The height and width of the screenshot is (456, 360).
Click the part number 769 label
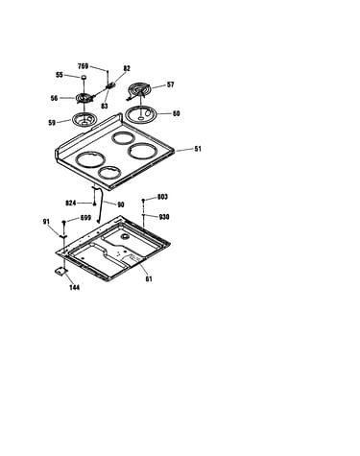click(84, 66)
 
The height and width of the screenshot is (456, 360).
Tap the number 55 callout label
click(60, 75)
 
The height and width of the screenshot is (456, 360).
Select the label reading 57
click(171, 84)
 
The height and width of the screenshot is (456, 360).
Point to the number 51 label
click(198, 149)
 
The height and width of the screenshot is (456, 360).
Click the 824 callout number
click(71, 204)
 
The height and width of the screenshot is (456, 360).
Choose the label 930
click(164, 217)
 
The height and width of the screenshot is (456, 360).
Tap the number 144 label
click(75, 287)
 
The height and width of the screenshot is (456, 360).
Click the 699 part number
click(85, 218)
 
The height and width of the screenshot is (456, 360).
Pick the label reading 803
click(162, 197)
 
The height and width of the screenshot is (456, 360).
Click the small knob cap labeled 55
click(84, 77)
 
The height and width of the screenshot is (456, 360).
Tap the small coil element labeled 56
click(84, 98)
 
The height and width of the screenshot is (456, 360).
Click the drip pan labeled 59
click(84, 119)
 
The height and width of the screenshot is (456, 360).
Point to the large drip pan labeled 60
click(140, 114)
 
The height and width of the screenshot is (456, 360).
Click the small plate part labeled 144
click(60, 271)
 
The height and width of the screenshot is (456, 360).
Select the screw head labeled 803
click(143, 201)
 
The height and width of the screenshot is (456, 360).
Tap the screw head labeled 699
click(64, 222)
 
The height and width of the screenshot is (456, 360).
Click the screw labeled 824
click(94, 204)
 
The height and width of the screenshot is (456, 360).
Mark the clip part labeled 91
click(63, 236)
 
